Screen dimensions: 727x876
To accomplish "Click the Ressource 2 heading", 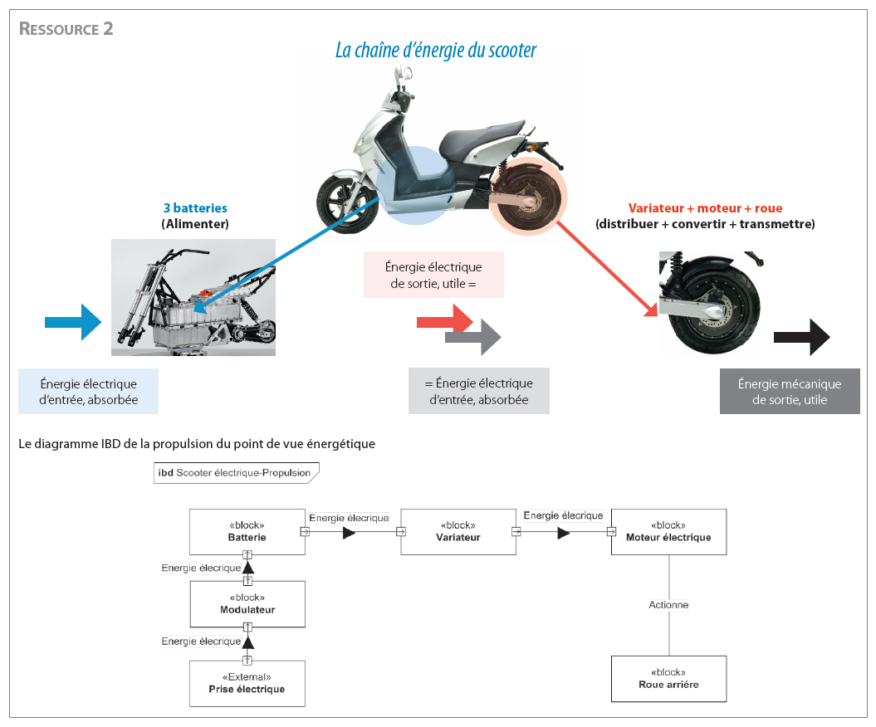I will click(x=66, y=29).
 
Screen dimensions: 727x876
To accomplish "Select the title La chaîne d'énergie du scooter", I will click(x=435, y=51).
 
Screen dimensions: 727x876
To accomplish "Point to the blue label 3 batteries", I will click(x=195, y=208).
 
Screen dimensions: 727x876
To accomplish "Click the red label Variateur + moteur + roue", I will click(x=705, y=208).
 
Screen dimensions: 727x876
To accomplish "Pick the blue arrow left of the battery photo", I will click(x=72, y=322).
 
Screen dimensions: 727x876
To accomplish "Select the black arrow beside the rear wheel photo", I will click(x=801, y=338).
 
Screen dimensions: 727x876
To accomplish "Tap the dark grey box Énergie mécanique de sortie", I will click(x=789, y=392).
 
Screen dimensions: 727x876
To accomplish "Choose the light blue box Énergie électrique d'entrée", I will click(x=88, y=392).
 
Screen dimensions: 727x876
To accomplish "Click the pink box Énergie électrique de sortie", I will click(x=433, y=275).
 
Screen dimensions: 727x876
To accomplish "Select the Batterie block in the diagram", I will click(x=247, y=532).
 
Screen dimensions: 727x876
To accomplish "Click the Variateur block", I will click(x=458, y=532).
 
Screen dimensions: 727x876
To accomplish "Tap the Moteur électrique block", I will click(x=668, y=532).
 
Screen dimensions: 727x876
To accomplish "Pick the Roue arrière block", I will click(x=668, y=679).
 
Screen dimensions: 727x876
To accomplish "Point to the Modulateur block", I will click(x=247, y=604).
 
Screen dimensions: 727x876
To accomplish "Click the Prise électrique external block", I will click(x=247, y=683).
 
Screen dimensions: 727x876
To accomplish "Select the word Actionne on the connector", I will click(x=668, y=605).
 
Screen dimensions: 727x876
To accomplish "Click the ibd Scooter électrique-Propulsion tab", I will click(x=234, y=473).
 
